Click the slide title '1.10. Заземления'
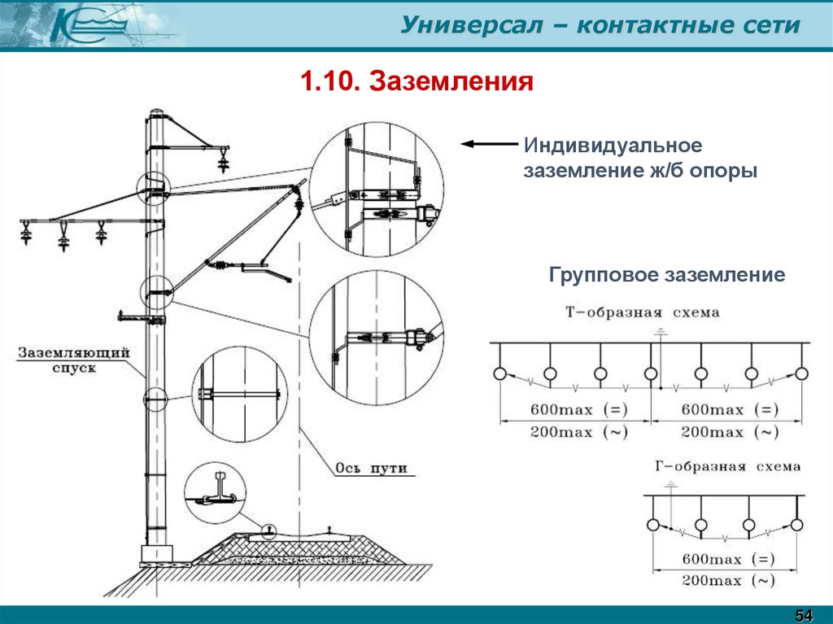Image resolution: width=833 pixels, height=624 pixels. point(416,81)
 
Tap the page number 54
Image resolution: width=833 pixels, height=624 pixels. point(804,612)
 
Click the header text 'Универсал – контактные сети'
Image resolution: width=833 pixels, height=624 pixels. point(600,25)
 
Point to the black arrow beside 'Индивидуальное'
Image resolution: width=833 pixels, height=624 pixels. point(488,144)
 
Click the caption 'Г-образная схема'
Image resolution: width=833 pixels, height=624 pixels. point(727,467)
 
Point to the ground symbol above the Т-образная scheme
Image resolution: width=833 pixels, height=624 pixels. point(661,332)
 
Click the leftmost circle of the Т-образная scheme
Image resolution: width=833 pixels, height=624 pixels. point(499,373)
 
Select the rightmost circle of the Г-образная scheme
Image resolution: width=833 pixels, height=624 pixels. point(797,524)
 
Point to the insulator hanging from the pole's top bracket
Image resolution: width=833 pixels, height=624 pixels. point(222,161)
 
